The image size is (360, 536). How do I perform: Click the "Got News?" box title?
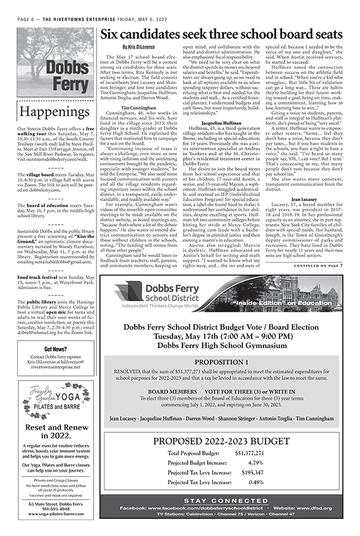click(57, 349)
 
